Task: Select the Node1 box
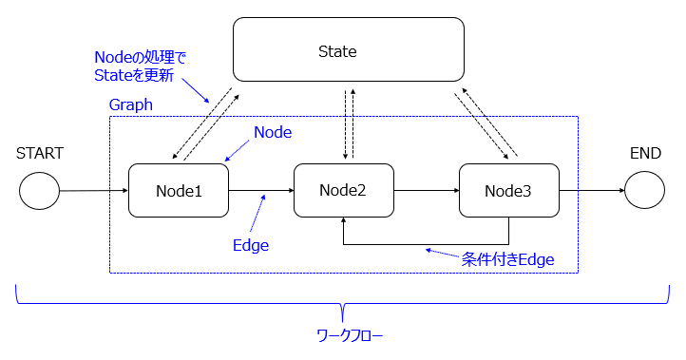pyautogui.click(x=179, y=190)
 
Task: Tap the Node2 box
pyautogui.click(x=343, y=189)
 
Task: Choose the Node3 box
pyautogui.click(x=508, y=190)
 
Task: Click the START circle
pyautogui.click(x=39, y=191)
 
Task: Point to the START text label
pyautogui.click(x=39, y=152)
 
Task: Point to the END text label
pyautogui.click(x=645, y=152)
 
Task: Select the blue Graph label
pyautogui.click(x=131, y=105)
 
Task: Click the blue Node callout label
pyautogui.click(x=272, y=133)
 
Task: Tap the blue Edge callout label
pyautogui.click(x=251, y=245)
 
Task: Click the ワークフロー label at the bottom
pyautogui.click(x=350, y=335)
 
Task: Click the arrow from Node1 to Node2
pyautogui.click(x=261, y=190)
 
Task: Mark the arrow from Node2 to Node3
pyautogui.click(x=426, y=190)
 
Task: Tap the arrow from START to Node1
pyautogui.click(x=93, y=191)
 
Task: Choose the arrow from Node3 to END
pyautogui.click(x=591, y=190)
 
